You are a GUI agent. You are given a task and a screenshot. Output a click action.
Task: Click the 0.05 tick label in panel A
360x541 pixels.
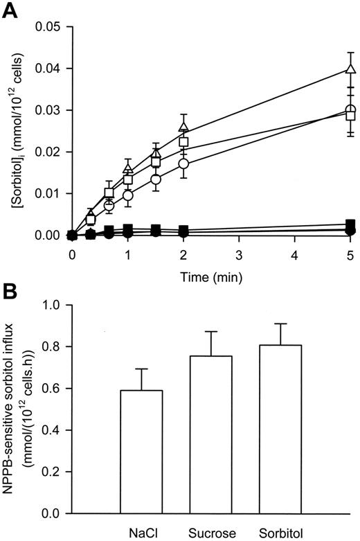(x=48, y=27)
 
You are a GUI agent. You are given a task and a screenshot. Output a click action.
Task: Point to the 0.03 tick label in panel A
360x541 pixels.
(x=48, y=110)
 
